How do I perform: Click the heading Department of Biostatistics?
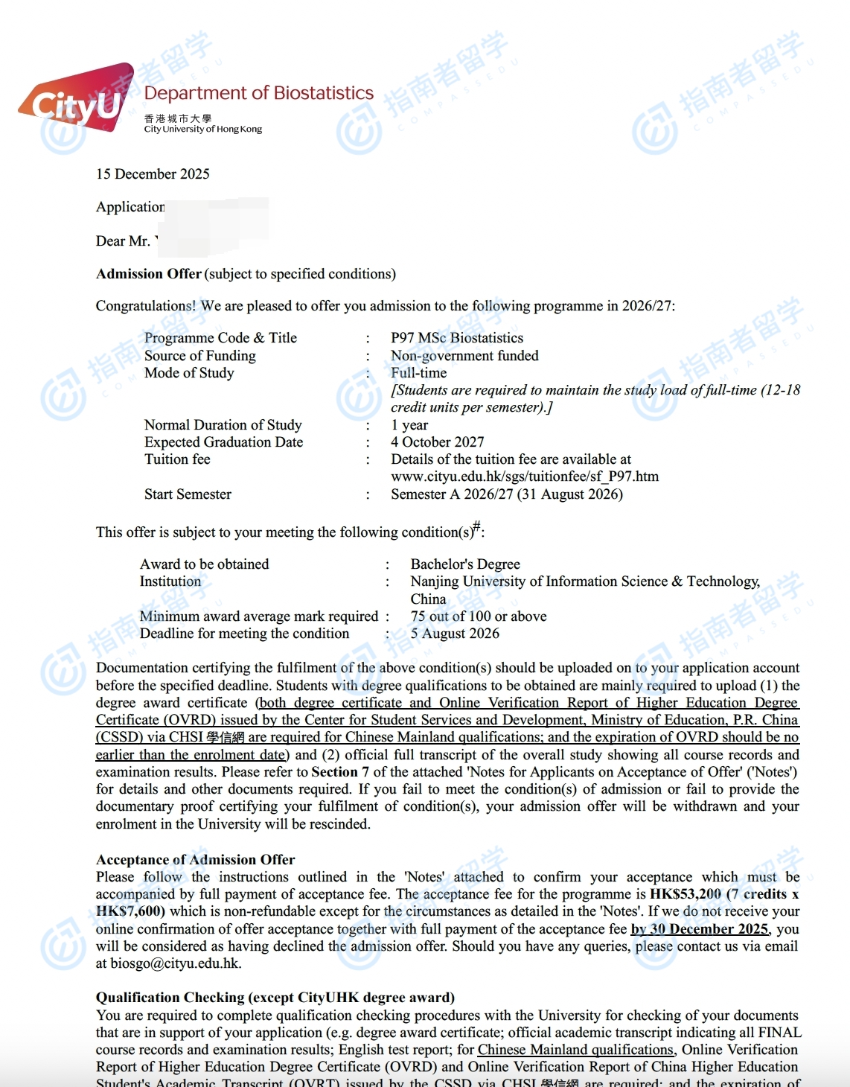pyautogui.click(x=258, y=93)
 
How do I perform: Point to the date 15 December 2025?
pyautogui.click(x=153, y=174)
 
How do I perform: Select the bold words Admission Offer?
pyautogui.click(x=149, y=274)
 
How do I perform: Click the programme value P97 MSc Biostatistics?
pyautogui.click(x=457, y=338)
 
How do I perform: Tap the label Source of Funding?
pyautogui.click(x=199, y=356)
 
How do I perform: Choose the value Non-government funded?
pyautogui.click(x=464, y=356)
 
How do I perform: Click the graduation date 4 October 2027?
pyautogui.click(x=438, y=442)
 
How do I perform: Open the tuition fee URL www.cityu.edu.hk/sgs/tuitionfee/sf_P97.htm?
pyautogui.click(x=525, y=476)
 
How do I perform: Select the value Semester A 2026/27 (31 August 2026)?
pyautogui.click(x=507, y=494)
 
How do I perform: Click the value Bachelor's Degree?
pyautogui.click(x=465, y=564)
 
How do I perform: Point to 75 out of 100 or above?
pyautogui.click(x=479, y=616)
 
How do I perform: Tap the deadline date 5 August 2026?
pyautogui.click(x=455, y=634)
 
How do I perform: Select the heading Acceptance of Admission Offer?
pyautogui.click(x=195, y=860)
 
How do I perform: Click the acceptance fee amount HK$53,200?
pyautogui.click(x=685, y=894)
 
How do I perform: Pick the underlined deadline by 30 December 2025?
pyautogui.click(x=699, y=929)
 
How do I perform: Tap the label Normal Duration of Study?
pyautogui.click(x=223, y=425)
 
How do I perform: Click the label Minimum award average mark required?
pyautogui.click(x=259, y=616)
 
